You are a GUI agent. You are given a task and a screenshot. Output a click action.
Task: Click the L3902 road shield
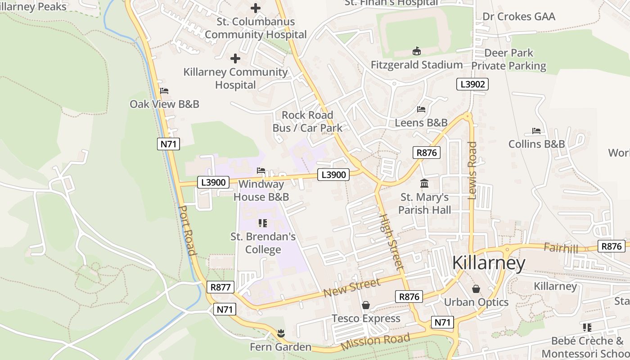[472, 84]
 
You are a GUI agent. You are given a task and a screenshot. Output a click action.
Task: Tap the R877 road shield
[220, 287]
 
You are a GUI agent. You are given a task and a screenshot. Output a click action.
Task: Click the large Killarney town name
[488, 263]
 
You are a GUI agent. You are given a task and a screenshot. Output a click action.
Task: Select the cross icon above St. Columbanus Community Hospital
[256, 8]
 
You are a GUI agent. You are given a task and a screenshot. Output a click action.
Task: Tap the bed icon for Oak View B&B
[164, 91]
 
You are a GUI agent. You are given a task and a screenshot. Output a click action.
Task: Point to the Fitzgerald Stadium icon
[416, 51]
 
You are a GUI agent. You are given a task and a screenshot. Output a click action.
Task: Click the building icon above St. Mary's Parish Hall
[424, 184]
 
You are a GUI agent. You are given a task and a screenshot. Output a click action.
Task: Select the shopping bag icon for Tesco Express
[366, 306]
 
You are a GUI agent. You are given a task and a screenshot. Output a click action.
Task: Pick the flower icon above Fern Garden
[281, 333]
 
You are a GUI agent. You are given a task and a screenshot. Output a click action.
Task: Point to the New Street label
[352, 288]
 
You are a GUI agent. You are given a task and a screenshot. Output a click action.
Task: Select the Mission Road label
[376, 342]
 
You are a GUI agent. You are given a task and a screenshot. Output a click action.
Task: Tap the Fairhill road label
[560, 247]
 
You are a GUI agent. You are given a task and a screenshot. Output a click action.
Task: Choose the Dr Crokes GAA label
[518, 17]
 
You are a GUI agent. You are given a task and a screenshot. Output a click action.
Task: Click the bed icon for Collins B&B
[536, 131]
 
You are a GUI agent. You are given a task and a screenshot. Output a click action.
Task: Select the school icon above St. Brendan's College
[263, 223]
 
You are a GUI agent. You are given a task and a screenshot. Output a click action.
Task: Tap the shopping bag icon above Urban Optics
[476, 289]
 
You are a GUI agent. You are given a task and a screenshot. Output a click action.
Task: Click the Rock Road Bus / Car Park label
[307, 121]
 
